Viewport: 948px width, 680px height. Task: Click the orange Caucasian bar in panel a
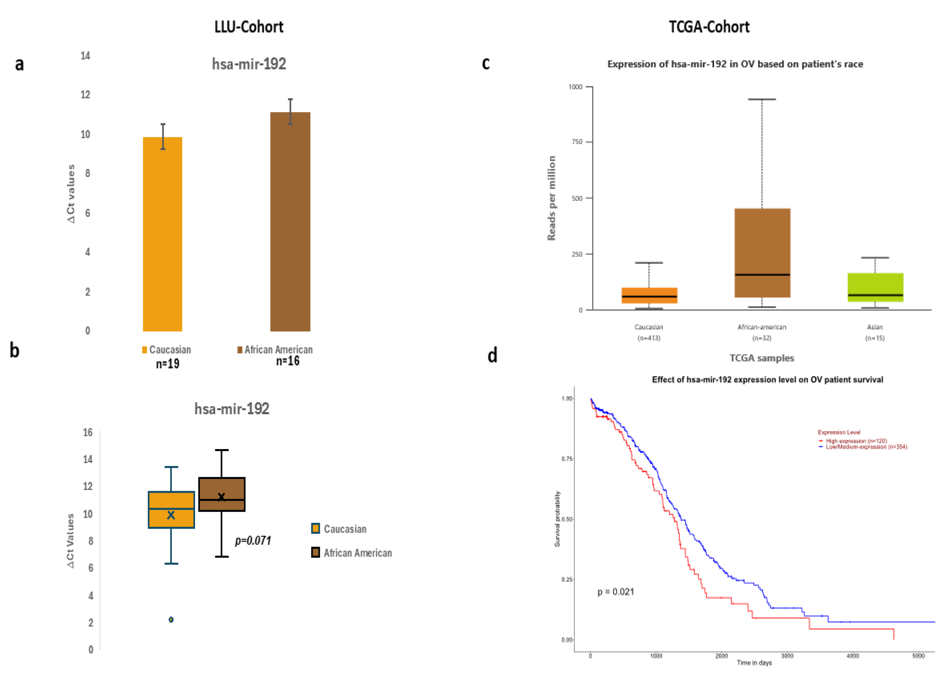click(x=162, y=234)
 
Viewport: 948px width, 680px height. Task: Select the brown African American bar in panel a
click(x=290, y=221)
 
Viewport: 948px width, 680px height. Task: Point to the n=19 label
click(x=168, y=364)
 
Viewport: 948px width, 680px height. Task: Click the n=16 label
click(x=288, y=361)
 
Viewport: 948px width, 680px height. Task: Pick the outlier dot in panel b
click(x=171, y=619)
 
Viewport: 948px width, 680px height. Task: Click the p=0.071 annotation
click(x=253, y=541)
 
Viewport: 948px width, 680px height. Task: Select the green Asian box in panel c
click(x=875, y=287)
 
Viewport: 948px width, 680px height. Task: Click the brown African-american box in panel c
click(x=762, y=253)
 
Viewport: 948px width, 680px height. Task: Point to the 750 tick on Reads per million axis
click(x=577, y=142)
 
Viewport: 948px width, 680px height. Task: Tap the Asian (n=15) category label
click(x=874, y=332)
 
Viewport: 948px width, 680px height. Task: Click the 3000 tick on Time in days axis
click(x=787, y=656)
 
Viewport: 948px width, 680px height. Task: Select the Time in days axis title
click(x=754, y=663)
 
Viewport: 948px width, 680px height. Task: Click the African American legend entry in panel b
click(x=357, y=553)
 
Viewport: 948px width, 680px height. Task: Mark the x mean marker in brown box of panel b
click(x=222, y=497)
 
